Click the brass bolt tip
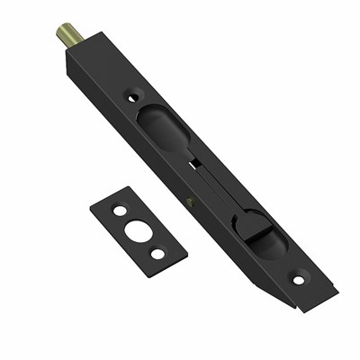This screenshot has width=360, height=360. pos(70,35)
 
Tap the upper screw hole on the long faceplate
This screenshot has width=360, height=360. pos(134,94)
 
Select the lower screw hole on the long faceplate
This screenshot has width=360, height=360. pos(300,278)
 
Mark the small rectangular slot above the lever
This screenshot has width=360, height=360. pos(193,163)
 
